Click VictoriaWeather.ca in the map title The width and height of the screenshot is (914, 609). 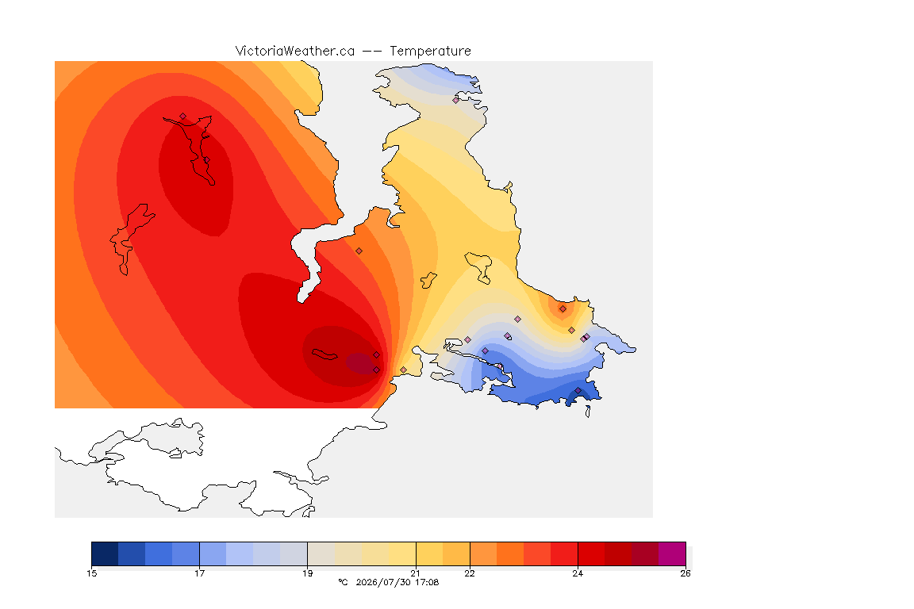point(295,52)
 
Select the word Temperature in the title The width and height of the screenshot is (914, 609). point(430,52)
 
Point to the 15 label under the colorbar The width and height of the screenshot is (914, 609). point(91,573)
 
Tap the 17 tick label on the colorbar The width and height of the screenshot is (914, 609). point(199,573)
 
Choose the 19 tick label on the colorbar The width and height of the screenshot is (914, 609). point(307,573)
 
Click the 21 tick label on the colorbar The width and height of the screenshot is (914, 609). point(415,573)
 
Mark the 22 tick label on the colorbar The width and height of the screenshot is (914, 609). point(469,573)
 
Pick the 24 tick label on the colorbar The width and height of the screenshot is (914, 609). point(577,573)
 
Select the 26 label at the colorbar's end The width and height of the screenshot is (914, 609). point(685,573)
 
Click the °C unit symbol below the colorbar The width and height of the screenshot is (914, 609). point(343,582)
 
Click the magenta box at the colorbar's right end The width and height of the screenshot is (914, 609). point(672,553)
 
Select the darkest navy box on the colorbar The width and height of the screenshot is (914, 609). point(105,553)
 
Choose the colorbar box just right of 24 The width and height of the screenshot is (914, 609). point(591,553)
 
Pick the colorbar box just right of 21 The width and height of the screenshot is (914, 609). point(429,553)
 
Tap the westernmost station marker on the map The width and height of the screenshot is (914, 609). point(183,116)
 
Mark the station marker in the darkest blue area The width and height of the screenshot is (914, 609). point(578,390)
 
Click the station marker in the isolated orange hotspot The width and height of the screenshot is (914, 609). point(563,309)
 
